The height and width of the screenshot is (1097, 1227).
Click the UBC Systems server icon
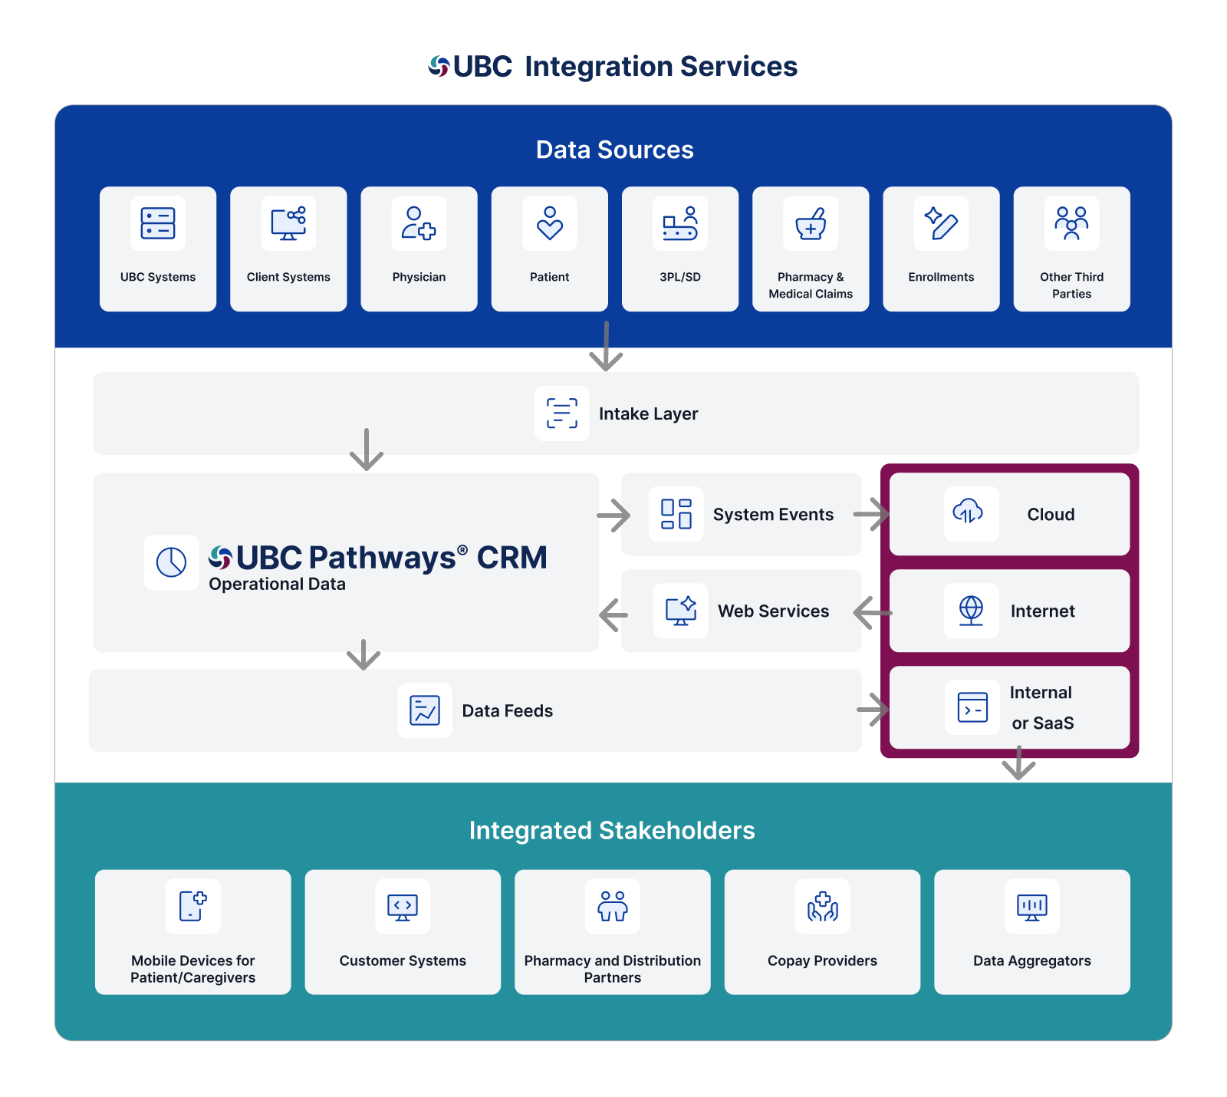pyautogui.click(x=158, y=223)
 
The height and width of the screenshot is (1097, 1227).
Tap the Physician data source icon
pyautogui.click(x=419, y=223)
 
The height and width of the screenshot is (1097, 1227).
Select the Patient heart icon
pyautogui.click(x=550, y=223)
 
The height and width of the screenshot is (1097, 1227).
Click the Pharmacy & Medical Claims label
pyautogui.click(x=811, y=285)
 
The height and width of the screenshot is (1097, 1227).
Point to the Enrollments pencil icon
pyautogui.click(x=941, y=223)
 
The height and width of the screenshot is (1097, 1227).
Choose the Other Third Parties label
pyautogui.click(x=1071, y=285)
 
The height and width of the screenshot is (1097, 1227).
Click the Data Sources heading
pyautogui.click(x=614, y=150)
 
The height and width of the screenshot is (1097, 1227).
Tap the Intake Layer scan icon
pyautogui.click(x=562, y=413)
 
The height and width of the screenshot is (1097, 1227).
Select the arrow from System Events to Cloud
pyautogui.click(x=871, y=514)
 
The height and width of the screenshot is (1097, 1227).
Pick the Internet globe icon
pyautogui.click(x=971, y=611)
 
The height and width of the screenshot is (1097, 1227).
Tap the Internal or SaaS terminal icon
pyautogui.click(x=972, y=707)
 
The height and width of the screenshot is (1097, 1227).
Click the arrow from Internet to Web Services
pyautogui.click(x=873, y=612)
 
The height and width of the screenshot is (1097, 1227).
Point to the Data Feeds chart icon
pyautogui.click(x=425, y=710)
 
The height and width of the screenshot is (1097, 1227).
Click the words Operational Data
pyautogui.click(x=277, y=584)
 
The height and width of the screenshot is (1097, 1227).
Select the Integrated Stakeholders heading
pyautogui.click(x=612, y=831)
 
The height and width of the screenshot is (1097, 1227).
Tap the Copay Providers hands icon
pyautogui.click(x=822, y=907)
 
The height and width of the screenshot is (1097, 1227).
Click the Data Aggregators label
pyautogui.click(x=1031, y=960)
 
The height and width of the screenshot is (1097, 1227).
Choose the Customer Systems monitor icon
pyautogui.click(x=403, y=907)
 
